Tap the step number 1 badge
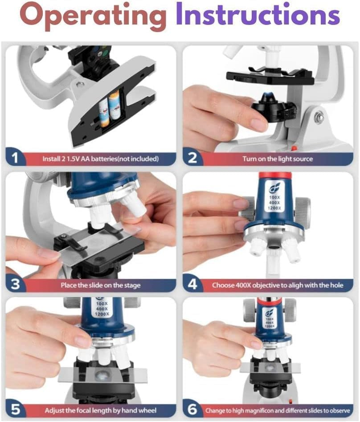(x=15, y=158)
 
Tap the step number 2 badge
(x=192, y=158)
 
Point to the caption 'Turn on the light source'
(x=277, y=159)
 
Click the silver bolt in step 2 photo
(x=319, y=118)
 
